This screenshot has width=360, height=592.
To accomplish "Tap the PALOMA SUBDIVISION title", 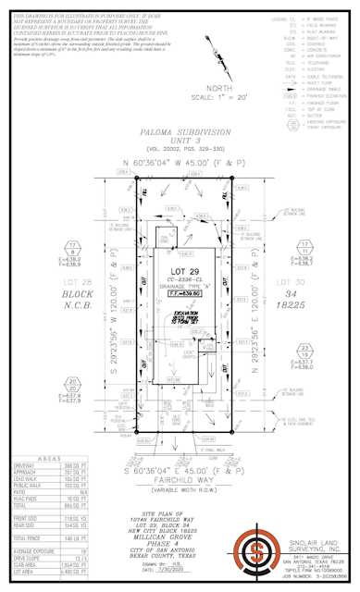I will pyautogui.click(x=180, y=133).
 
